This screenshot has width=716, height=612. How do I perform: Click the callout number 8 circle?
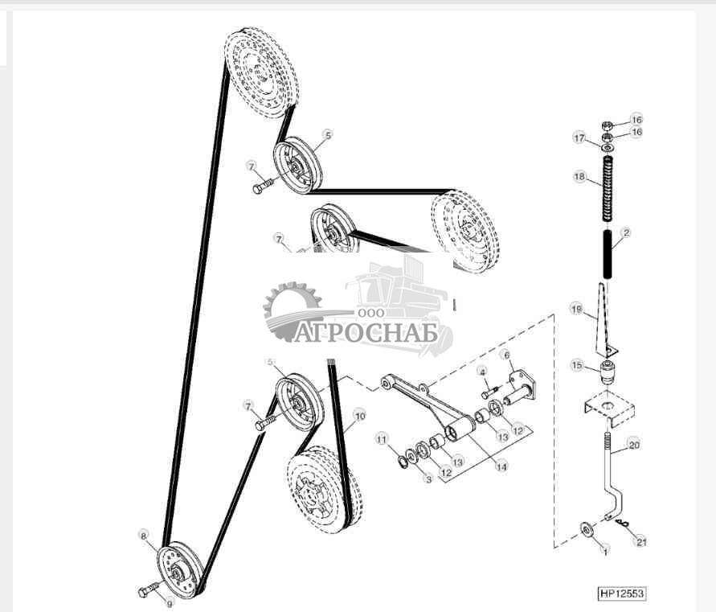click(x=143, y=535)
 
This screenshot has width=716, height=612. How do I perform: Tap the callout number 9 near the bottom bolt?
click(x=169, y=602)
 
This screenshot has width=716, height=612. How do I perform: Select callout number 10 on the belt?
click(x=359, y=416)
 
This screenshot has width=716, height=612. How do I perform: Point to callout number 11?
click(x=383, y=438)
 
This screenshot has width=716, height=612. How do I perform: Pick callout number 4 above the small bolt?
click(x=482, y=371)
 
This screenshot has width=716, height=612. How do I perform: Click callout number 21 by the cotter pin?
click(x=640, y=542)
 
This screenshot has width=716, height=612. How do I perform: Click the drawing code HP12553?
click(x=621, y=594)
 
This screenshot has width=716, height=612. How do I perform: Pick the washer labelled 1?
click(x=586, y=528)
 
